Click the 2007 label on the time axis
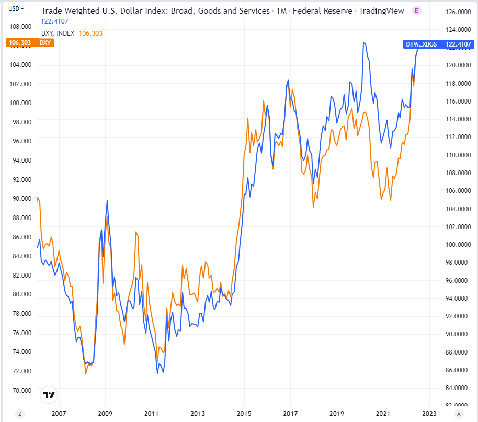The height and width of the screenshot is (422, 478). (59, 414)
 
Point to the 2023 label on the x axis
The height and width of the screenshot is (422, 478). (429, 414)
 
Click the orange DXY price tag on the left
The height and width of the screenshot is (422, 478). (20, 43)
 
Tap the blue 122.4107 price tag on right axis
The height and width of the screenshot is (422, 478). (459, 44)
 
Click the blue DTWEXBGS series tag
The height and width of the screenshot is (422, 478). (422, 44)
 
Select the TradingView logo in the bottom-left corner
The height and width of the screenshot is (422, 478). (49, 395)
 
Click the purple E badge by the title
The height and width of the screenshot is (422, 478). (417, 10)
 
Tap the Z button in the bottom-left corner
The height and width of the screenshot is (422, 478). (19, 414)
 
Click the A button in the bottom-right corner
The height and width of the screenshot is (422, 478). (459, 414)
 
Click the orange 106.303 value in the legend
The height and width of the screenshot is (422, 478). (90, 33)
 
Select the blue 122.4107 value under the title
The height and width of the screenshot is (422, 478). (54, 21)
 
